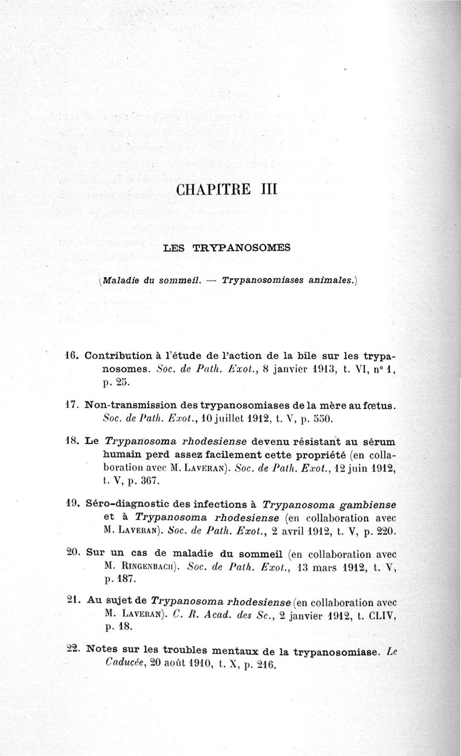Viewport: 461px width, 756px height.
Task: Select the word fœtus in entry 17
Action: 377,406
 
